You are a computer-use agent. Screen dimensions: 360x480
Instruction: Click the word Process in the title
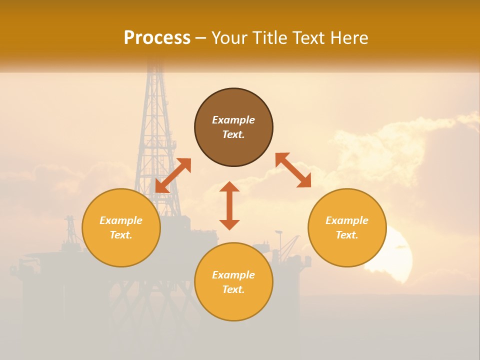[x=157, y=38]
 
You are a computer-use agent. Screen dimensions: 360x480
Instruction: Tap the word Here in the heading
[x=349, y=38]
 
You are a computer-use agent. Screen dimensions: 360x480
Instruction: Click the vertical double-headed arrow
[x=229, y=205]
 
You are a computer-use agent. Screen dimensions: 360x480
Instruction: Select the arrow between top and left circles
[x=173, y=175]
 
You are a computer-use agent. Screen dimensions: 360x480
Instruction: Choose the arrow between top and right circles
[x=293, y=170]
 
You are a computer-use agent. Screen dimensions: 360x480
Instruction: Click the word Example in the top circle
[x=233, y=120]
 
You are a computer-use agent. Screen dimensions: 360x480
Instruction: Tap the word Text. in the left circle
[x=121, y=235]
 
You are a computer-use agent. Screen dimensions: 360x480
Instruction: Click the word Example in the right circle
[x=347, y=220]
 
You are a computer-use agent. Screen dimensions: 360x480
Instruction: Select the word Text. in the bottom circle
[x=233, y=289]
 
